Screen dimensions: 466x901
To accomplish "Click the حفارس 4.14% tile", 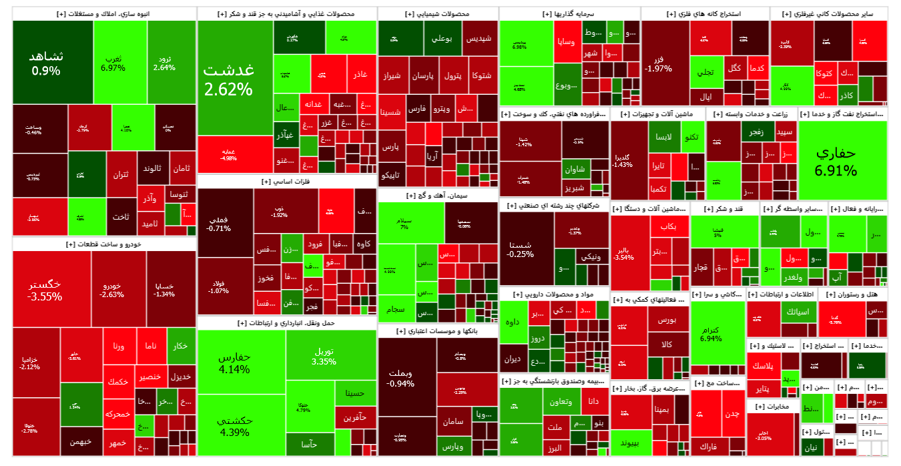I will point(234,363).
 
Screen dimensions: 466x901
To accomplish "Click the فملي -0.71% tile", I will point(219,224).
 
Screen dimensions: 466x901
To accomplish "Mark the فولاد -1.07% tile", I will point(219,286).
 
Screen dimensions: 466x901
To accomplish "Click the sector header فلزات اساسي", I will point(286,181).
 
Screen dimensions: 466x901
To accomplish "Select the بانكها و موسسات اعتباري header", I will point(437,330).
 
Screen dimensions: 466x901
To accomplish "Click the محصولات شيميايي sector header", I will point(437,14).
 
